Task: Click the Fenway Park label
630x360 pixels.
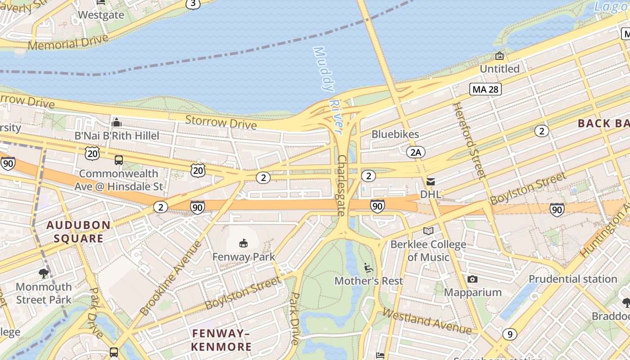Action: pos(243,257)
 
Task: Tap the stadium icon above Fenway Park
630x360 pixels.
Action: pos(243,243)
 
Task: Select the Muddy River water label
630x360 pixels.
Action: pos(330,83)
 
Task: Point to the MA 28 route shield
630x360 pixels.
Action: pos(486,89)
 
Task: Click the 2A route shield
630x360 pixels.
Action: pos(415,153)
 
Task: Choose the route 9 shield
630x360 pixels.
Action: pos(509,334)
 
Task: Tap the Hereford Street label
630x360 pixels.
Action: pos(469,140)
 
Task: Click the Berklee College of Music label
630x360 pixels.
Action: pos(428,251)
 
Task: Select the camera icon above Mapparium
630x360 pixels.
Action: pos(472,279)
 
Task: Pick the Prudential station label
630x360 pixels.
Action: pos(572,279)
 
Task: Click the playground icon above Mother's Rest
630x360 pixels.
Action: pos(368,268)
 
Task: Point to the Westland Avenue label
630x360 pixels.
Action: pos(427,321)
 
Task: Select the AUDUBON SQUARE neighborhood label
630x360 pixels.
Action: pos(79,232)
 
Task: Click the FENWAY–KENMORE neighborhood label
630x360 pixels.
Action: pos(221,340)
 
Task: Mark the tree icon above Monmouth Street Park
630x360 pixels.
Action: pos(44,273)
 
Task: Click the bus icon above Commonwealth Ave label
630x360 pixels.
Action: pos(119,160)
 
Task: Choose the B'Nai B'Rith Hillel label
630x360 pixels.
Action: pos(117,135)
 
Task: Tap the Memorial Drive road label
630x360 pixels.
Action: pos(67,42)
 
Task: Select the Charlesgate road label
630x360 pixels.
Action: pos(342,185)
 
